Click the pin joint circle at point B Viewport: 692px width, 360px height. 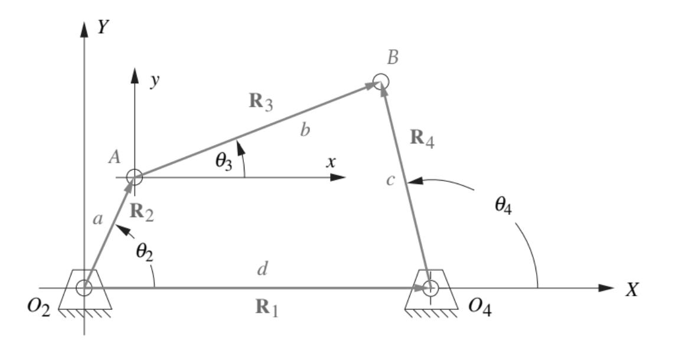pos(381,81)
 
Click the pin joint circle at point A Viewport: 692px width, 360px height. pos(135,176)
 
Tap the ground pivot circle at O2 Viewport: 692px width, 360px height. pos(84,288)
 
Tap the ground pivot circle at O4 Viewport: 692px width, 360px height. pos(430,288)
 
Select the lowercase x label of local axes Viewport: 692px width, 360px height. pos(331,162)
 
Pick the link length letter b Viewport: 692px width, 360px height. pos(305,130)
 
